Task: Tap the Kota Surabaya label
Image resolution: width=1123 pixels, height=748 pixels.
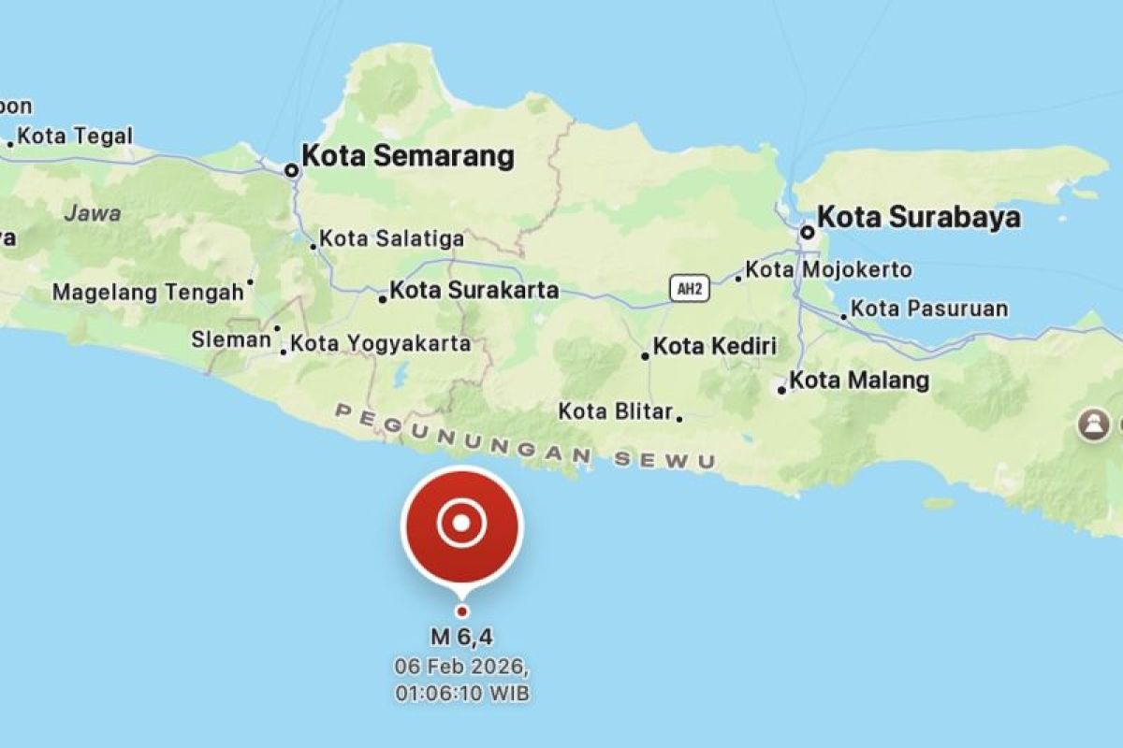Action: [x=919, y=218]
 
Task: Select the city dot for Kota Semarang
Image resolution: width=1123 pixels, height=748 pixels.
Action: [x=292, y=170]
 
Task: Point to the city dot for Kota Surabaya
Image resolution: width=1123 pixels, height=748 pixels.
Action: [x=807, y=231]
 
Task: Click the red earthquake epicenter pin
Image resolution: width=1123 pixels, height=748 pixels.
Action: [x=461, y=525]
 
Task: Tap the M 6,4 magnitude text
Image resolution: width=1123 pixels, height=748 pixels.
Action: [x=461, y=639]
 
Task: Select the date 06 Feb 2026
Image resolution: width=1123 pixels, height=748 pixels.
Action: [x=461, y=669]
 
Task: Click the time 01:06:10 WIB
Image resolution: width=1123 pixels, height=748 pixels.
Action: [x=461, y=694]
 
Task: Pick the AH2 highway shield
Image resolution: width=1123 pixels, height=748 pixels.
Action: [x=690, y=289]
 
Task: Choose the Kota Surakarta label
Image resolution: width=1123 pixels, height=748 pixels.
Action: [x=474, y=290]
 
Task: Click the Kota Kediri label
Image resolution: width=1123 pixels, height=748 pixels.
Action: [x=715, y=347]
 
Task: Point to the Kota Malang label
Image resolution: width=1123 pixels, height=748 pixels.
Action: [x=859, y=381]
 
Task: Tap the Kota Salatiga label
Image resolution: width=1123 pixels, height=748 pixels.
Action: [x=392, y=239]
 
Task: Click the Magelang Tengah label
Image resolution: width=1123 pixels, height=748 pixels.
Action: [x=148, y=293]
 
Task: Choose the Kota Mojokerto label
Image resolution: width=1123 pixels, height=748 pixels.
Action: [x=829, y=270]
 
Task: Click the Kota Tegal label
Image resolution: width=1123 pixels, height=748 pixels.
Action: [x=75, y=137]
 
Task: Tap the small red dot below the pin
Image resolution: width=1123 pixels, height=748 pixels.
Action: [x=461, y=611]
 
